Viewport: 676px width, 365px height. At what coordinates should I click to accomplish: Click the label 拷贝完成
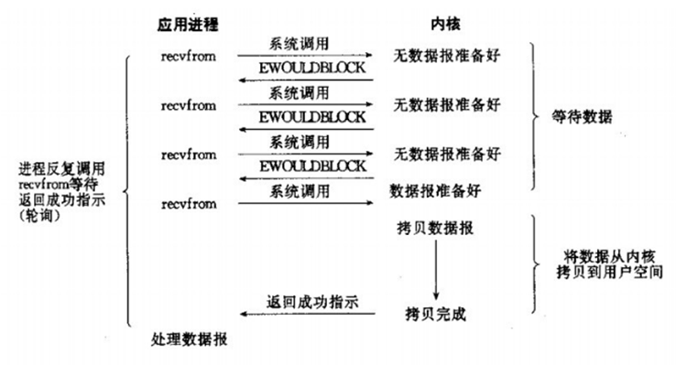pos(436,314)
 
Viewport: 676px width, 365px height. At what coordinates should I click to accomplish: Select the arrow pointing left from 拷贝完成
pos(306,315)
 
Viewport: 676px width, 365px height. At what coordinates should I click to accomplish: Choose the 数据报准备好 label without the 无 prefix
pos(436,190)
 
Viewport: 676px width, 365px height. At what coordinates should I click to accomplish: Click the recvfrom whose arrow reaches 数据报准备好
pos(187,199)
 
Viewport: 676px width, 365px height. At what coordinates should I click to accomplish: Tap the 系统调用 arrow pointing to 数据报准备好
pos(306,202)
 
